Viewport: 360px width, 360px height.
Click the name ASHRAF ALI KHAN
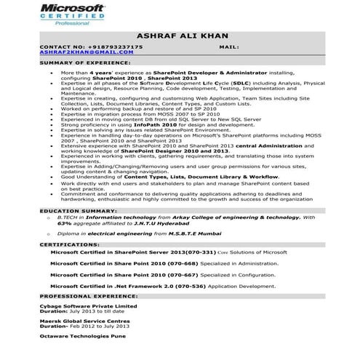182,36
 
